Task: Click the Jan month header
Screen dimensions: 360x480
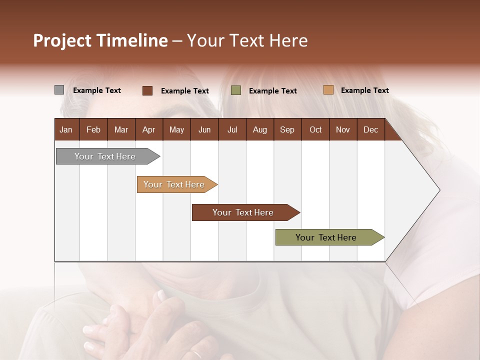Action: point(66,129)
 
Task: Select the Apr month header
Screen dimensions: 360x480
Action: point(148,129)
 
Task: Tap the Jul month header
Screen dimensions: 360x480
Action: point(232,129)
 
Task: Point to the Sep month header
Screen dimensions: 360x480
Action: point(287,129)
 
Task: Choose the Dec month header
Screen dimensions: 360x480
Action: point(370,129)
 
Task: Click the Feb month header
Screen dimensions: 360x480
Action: point(93,129)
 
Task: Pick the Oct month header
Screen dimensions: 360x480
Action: point(315,129)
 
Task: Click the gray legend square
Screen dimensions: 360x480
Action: point(59,90)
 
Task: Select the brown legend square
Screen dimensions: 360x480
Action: point(147,90)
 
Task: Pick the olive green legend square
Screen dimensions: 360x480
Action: point(236,90)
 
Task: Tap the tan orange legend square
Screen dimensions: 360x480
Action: point(328,90)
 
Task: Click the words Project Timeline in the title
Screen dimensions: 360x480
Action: point(100,40)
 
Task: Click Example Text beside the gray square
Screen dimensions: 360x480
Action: point(97,90)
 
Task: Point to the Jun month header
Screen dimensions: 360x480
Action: point(204,129)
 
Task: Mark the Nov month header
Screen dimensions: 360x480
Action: point(342,129)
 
